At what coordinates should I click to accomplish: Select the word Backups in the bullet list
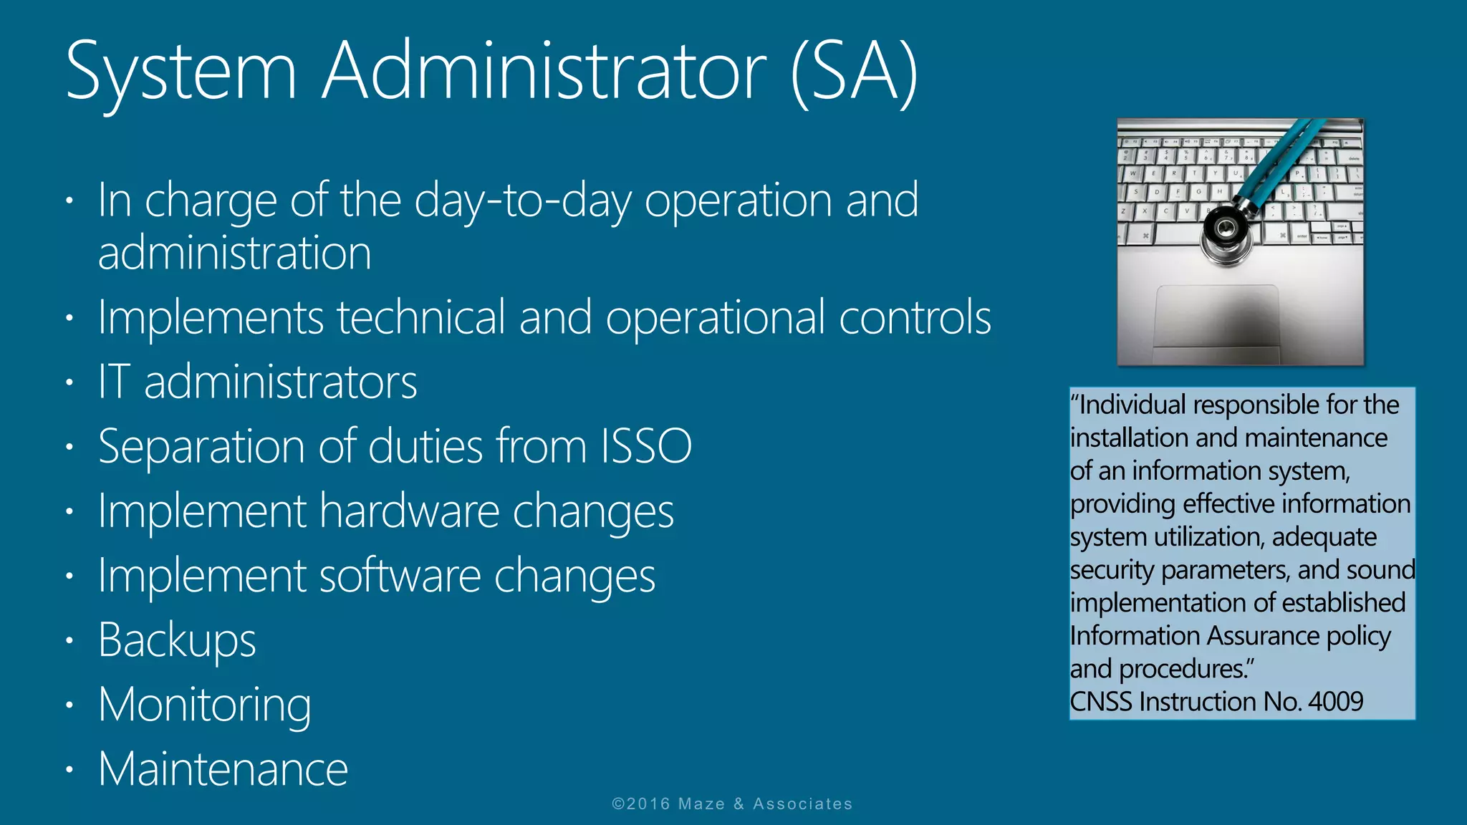tap(177, 640)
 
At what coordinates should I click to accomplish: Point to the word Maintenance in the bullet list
tap(223, 769)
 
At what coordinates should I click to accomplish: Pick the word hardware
tap(410, 511)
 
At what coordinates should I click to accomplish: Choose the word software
tap(400, 576)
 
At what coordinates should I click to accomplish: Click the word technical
tap(421, 317)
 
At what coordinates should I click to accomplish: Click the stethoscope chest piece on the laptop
tap(1226, 229)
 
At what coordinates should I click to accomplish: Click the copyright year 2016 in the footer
tap(649, 804)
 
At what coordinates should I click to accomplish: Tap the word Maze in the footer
tap(701, 804)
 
